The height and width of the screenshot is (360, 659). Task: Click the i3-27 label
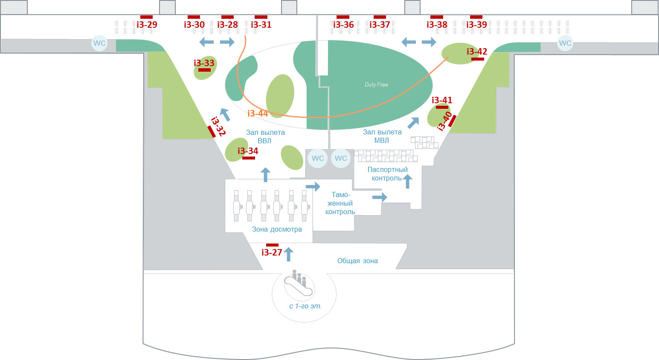pyautogui.click(x=272, y=253)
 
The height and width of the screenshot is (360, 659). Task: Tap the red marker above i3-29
pyautogui.click(x=146, y=17)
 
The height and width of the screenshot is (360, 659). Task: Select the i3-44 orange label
pyautogui.click(x=258, y=113)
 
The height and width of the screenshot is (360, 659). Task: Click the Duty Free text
pyautogui.click(x=376, y=85)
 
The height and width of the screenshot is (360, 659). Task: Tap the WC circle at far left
pyautogui.click(x=99, y=43)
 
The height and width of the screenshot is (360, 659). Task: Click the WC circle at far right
pyautogui.click(x=565, y=43)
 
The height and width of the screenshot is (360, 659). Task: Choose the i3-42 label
pyautogui.click(x=477, y=52)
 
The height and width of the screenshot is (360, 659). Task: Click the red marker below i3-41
pyautogui.click(x=442, y=107)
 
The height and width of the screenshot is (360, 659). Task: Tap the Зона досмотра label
pyautogui.click(x=277, y=229)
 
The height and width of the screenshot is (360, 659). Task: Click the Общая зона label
pyautogui.click(x=357, y=261)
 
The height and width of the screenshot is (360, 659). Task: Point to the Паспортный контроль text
pyautogui.click(x=387, y=174)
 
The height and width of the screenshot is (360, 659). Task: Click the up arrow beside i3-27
pyautogui.click(x=288, y=254)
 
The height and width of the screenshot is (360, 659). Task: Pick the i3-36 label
pyautogui.click(x=343, y=25)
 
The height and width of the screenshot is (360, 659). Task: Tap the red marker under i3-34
pyautogui.click(x=249, y=158)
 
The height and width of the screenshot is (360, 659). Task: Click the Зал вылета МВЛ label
pyautogui.click(x=382, y=136)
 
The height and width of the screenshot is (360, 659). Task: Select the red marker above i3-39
pyautogui.click(x=476, y=17)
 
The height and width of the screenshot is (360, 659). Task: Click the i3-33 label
pyautogui.click(x=204, y=63)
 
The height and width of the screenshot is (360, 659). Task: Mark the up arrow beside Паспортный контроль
pyautogui.click(x=407, y=181)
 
